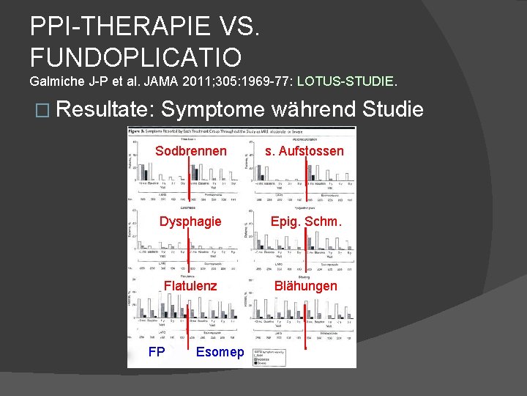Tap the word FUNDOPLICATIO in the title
coord(135,56)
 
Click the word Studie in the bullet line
coord(395,110)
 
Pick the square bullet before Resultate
coord(41,111)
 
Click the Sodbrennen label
coord(190,151)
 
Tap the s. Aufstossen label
coord(305,151)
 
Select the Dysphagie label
coord(190,221)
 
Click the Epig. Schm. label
coord(304,221)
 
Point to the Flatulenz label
coord(190,286)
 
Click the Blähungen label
coord(306,286)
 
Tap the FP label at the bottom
coord(157,352)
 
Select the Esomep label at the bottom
coord(220,352)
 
